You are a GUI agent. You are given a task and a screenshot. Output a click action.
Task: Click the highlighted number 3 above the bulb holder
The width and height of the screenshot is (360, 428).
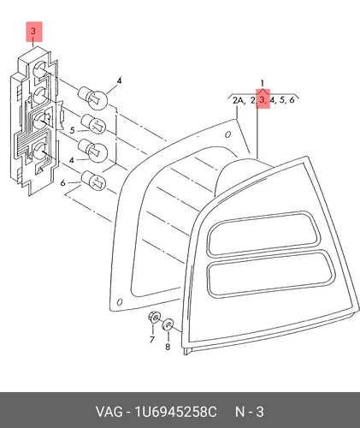point(33,31)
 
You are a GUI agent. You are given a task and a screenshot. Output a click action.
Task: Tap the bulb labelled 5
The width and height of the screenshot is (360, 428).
point(93,123)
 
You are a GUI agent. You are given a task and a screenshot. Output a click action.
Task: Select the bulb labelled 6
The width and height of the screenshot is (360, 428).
point(93,181)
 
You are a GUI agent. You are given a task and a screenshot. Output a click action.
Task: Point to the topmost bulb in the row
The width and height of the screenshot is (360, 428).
point(93,97)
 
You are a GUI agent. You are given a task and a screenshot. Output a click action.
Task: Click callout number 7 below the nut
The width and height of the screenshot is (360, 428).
point(152,339)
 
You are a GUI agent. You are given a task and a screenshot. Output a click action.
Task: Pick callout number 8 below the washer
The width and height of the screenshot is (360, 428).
point(168,347)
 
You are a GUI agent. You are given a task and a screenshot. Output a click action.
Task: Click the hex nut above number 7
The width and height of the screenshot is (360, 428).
point(154,318)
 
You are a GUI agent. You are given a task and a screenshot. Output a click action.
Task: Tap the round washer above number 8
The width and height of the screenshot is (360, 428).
point(168,324)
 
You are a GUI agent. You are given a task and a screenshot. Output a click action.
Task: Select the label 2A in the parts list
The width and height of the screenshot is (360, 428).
point(239,100)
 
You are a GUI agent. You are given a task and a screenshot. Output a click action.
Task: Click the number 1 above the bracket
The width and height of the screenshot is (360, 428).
point(263,83)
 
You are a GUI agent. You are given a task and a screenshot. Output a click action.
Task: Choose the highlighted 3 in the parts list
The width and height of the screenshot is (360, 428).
point(263,100)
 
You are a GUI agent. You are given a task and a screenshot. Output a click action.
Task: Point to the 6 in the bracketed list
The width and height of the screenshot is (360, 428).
point(292,100)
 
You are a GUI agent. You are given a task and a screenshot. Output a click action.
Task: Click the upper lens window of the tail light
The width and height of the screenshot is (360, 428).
point(263,233)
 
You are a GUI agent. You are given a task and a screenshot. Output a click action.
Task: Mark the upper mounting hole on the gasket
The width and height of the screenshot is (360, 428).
point(227,134)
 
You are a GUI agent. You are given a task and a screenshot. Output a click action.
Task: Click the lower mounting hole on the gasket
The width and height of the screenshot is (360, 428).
point(120,302)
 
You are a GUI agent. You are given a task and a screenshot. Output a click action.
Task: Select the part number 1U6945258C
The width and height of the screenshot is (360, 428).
point(175,412)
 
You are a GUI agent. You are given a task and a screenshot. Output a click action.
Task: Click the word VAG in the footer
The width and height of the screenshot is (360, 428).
point(109,412)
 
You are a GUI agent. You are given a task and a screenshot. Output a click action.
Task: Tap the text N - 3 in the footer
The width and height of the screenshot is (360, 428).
point(250,412)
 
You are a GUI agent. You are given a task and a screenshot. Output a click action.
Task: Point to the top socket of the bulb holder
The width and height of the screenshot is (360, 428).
point(39,69)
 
